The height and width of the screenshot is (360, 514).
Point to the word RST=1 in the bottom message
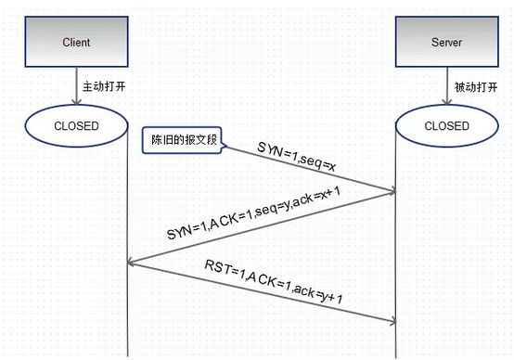point(223,271)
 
